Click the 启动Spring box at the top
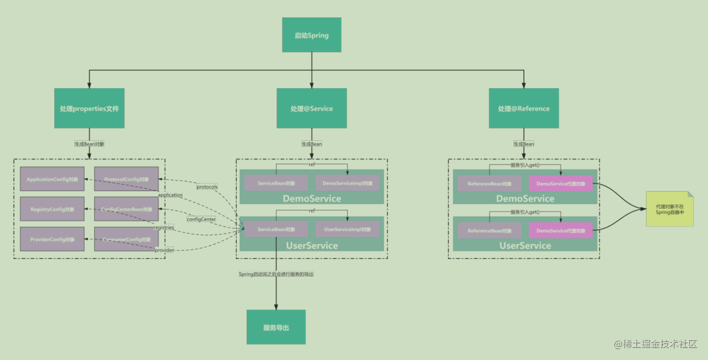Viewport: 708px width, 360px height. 312,35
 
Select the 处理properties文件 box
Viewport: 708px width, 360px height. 89,108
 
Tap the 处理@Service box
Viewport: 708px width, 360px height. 312,108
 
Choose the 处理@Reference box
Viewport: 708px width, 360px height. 523,108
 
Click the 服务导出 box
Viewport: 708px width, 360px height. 276,327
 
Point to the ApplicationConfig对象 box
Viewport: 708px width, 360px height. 52,179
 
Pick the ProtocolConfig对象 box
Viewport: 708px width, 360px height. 126,179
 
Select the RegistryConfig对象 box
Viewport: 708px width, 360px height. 52,209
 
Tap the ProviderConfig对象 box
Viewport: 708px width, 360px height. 52,239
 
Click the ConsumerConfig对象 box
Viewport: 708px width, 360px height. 126,239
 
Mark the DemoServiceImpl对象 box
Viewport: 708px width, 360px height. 347,183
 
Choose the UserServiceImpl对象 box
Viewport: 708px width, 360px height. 347,229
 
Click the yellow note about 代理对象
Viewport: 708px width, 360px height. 670,209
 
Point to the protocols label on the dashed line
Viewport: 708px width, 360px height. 207,187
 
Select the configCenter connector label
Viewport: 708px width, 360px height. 201,220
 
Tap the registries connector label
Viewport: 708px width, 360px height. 163,227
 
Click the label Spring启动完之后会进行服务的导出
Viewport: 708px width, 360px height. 276,274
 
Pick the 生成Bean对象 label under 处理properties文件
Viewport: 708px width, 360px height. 89,144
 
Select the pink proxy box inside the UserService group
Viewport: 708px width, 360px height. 561,230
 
